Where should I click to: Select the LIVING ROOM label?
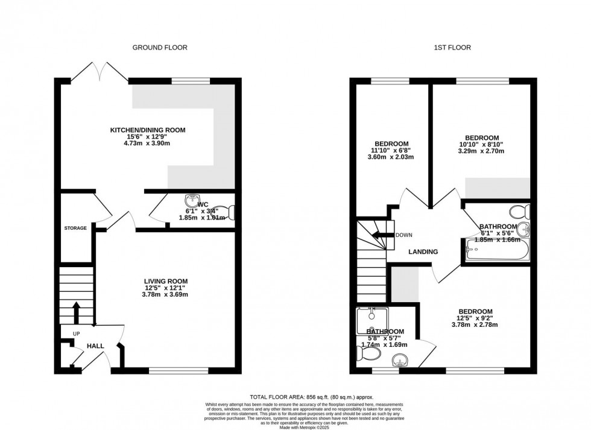pyautogui.click(x=165, y=281)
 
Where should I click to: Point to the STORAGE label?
pyautogui.click(x=76, y=228)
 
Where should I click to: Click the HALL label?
pyautogui.click(x=95, y=346)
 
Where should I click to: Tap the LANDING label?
pyautogui.click(x=423, y=251)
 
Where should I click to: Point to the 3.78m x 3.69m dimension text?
pyautogui.click(x=165, y=295)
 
